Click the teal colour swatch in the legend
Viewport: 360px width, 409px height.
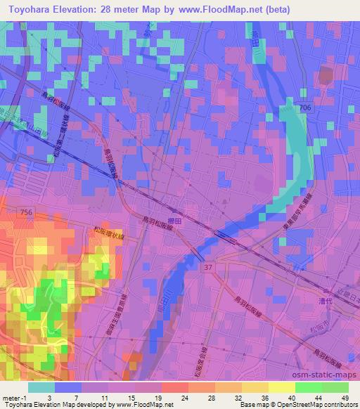(x=41, y=387)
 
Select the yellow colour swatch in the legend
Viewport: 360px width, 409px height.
(x=281, y=387)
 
